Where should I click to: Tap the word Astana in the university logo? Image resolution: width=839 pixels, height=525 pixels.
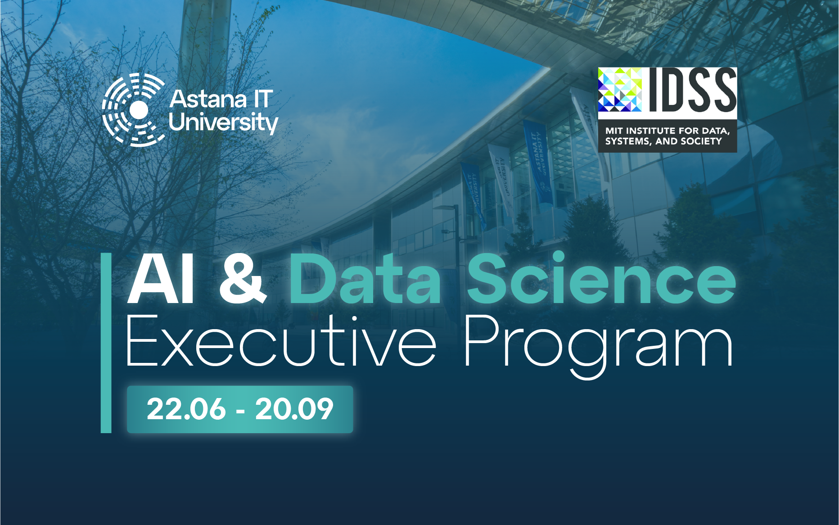208,99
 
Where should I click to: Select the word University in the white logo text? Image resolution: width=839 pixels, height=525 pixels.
223,122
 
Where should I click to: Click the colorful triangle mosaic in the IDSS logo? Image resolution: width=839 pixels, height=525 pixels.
620,90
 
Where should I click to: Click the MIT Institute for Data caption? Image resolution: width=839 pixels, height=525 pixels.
668,131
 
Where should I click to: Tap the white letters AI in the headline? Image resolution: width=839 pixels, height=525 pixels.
161,280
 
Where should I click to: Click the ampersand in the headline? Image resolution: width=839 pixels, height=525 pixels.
243,280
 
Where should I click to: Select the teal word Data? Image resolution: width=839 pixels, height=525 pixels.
365,279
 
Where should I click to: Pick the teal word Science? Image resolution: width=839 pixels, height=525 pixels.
601,278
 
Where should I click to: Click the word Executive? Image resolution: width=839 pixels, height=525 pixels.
281,341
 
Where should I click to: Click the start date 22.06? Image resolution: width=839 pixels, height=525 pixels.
186,409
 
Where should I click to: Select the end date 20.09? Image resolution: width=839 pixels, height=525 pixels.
294,409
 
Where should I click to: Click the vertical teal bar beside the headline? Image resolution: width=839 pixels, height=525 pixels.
106,343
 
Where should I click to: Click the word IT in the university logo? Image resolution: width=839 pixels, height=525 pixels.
264,99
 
